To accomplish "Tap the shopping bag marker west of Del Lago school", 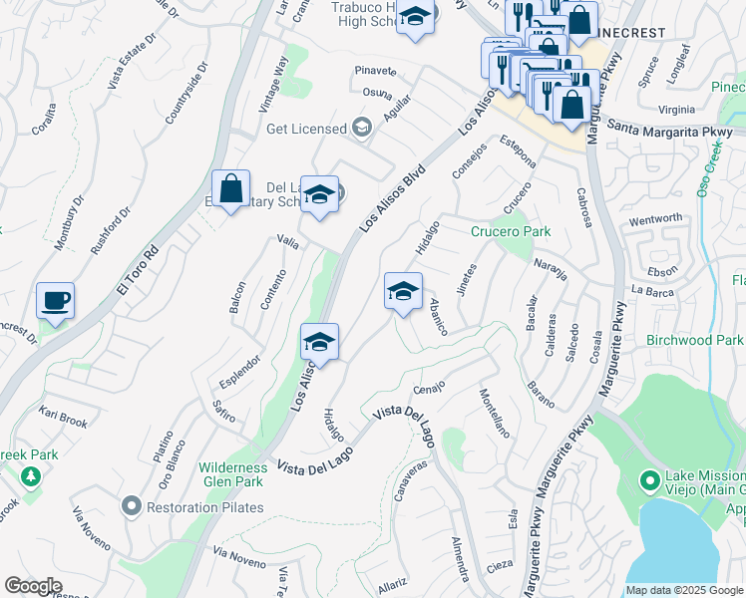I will pyautogui.click(x=230, y=188).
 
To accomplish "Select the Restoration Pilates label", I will pyautogui.click(x=204, y=507).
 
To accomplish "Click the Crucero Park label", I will pyautogui.click(x=511, y=231).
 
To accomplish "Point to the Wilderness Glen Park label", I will pyautogui.click(x=232, y=474).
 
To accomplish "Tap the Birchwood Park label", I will pyautogui.click(x=694, y=340).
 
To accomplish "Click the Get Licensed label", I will pyautogui.click(x=306, y=129).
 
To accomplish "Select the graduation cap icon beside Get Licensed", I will pyautogui.click(x=361, y=128).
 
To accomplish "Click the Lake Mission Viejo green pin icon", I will pyautogui.click(x=650, y=482).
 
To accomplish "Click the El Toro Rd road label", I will pyautogui.click(x=138, y=269).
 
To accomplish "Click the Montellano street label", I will pyautogui.click(x=495, y=414).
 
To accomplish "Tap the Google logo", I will pyautogui.click(x=33, y=586).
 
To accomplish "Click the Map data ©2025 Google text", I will pyautogui.click(x=684, y=590).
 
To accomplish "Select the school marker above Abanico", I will pyautogui.click(x=403, y=291).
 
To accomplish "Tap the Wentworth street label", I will pyautogui.click(x=655, y=218).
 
